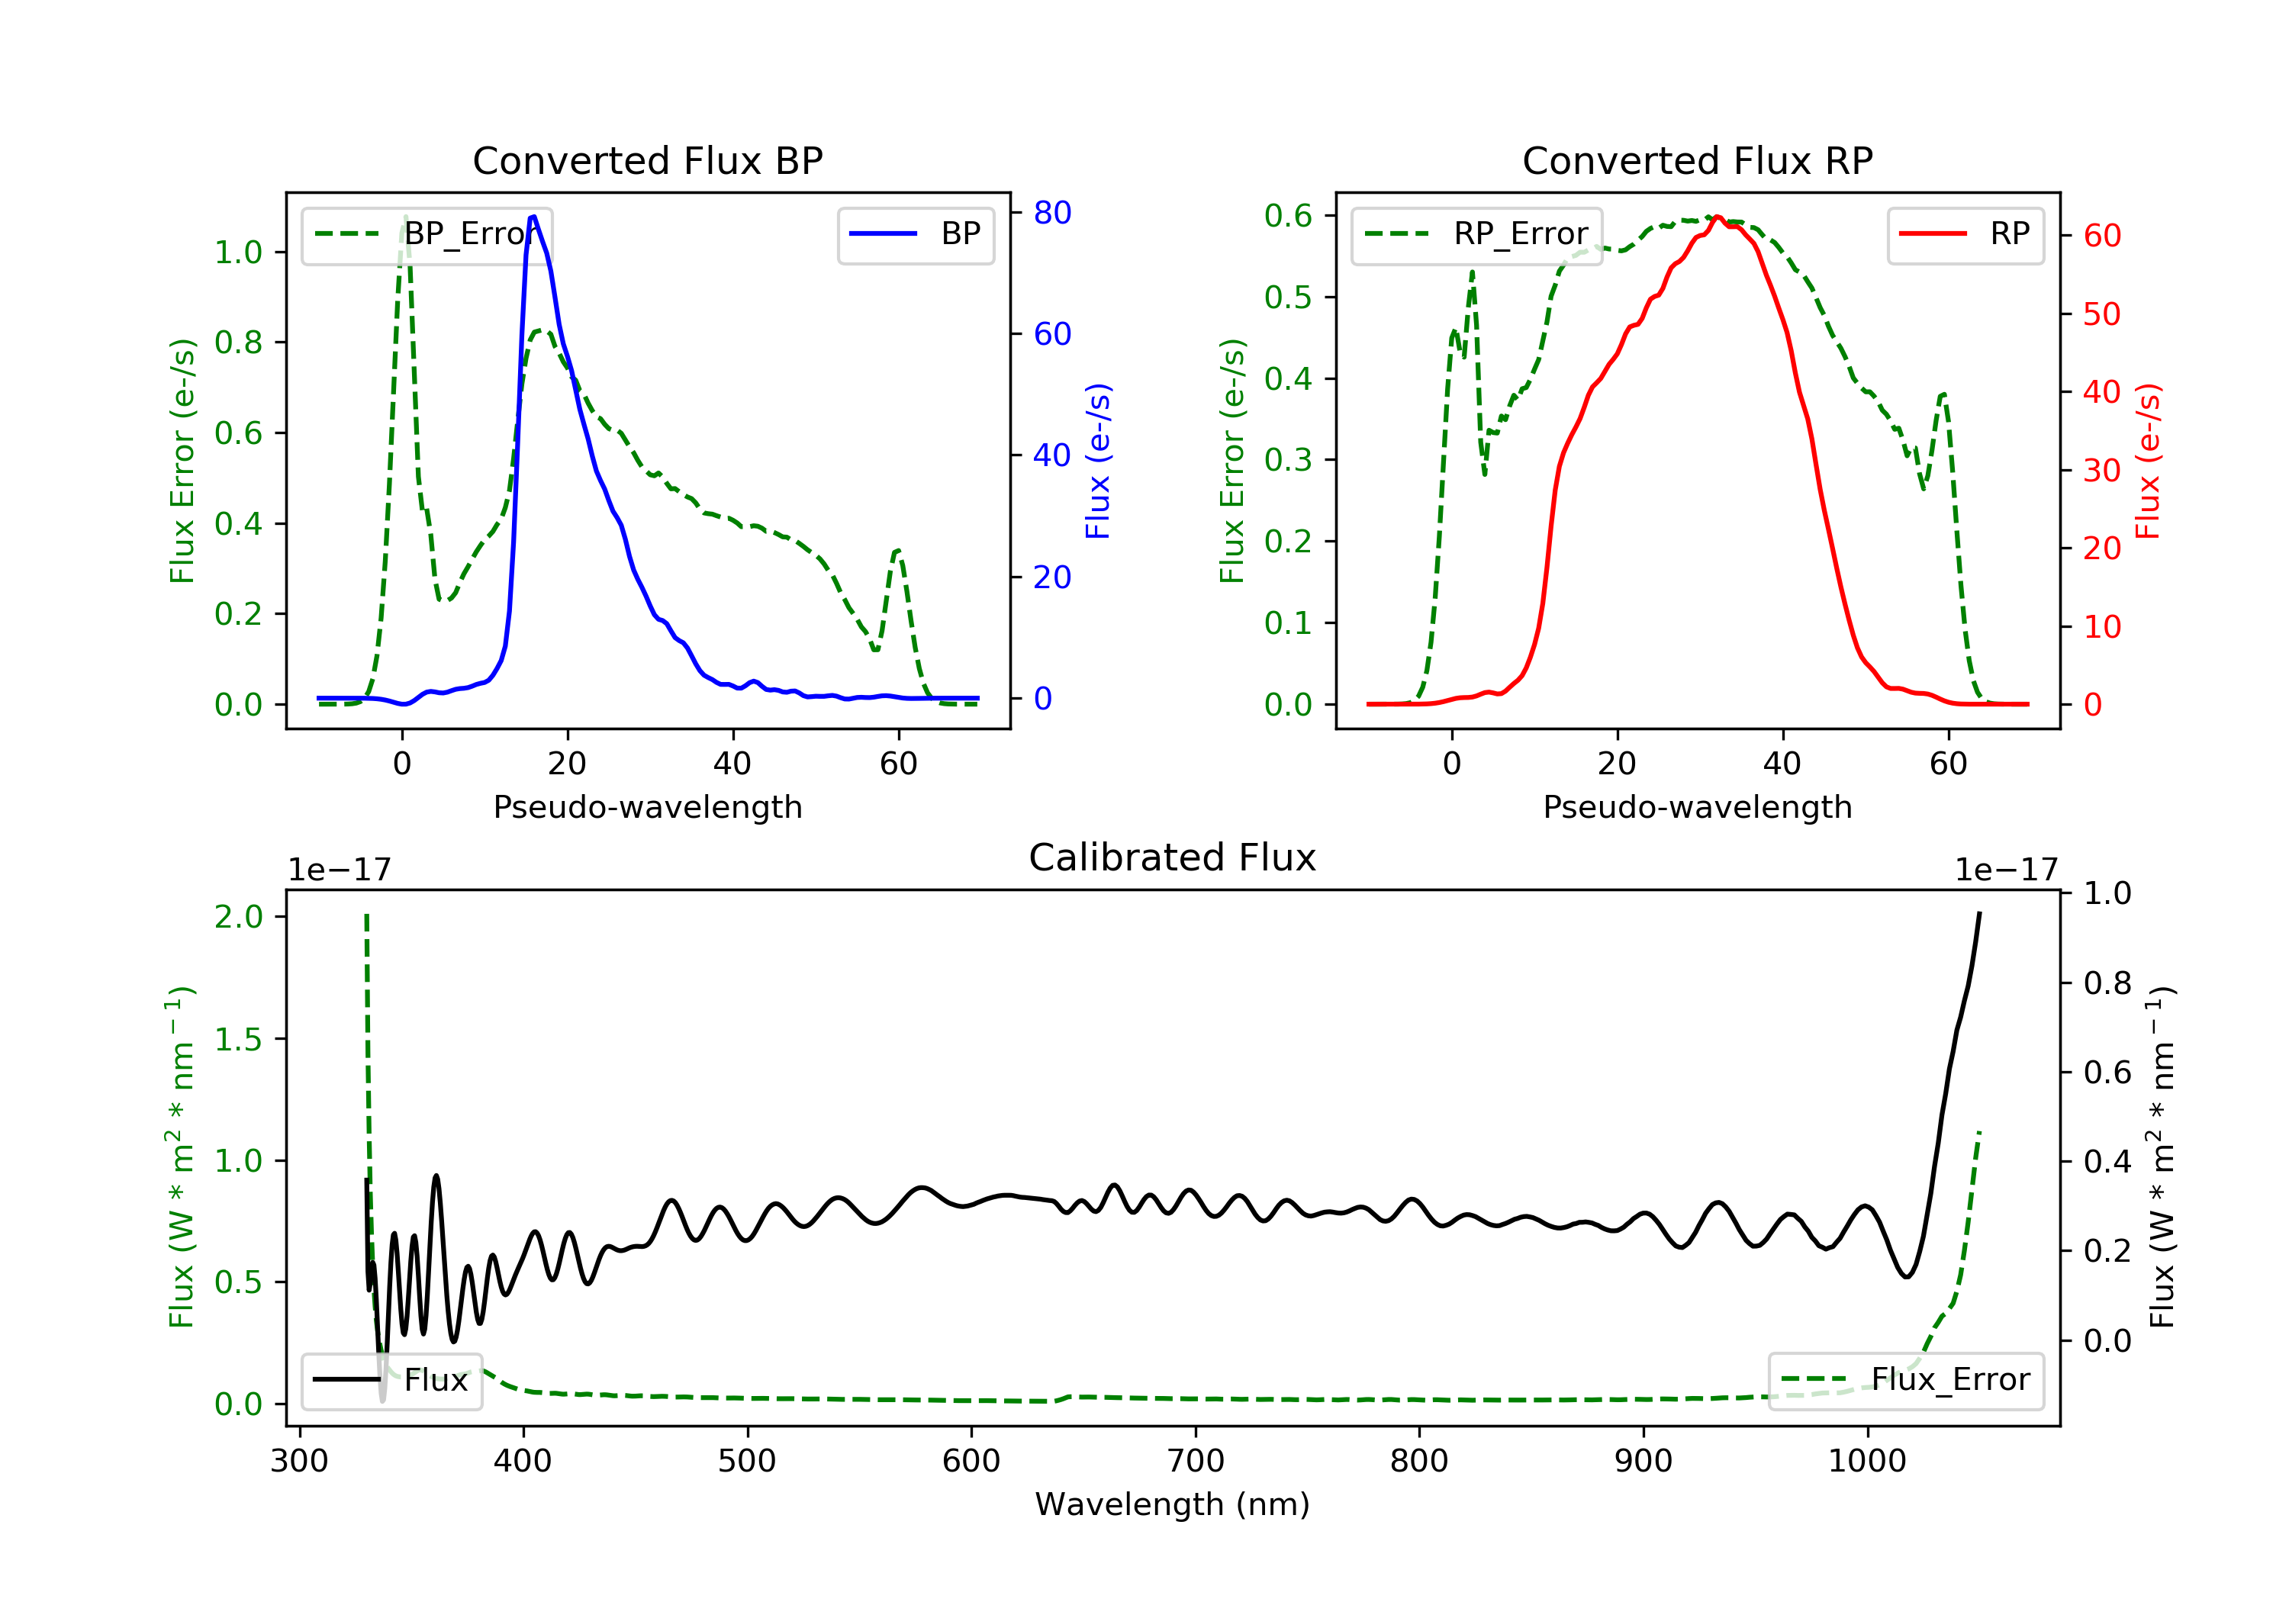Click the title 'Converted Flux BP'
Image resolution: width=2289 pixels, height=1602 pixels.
[647, 160]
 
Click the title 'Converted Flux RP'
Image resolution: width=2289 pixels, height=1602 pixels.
[1697, 160]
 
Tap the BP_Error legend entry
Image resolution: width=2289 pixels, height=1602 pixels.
[427, 234]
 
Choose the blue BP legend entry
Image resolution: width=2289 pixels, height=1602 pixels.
[915, 234]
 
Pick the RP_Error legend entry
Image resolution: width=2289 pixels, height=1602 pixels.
[1476, 234]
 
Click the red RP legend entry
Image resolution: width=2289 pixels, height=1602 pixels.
[1965, 234]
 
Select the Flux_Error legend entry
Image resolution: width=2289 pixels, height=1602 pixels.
[1905, 1380]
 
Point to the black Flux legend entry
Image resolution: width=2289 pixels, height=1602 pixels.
[392, 1380]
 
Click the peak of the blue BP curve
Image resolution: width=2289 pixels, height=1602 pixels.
[533, 217]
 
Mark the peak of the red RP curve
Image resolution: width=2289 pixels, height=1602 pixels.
[1717, 217]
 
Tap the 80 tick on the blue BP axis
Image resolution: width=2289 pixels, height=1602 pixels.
[1051, 212]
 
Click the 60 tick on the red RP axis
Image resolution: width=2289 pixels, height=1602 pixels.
[2101, 236]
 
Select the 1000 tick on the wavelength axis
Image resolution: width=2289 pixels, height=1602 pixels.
[1866, 1462]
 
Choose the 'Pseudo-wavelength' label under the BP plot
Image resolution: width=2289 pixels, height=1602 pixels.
[647, 807]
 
